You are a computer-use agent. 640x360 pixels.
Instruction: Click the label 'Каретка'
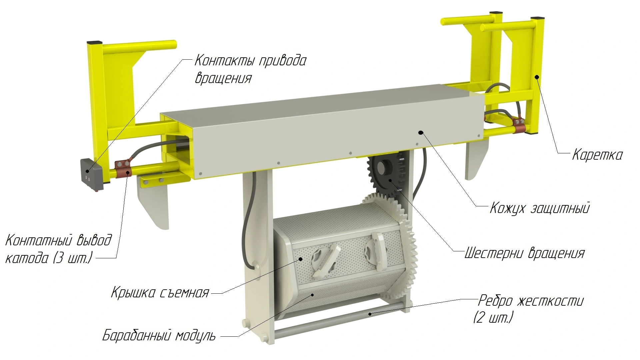point(597,155)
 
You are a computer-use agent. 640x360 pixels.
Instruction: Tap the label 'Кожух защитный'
point(540,208)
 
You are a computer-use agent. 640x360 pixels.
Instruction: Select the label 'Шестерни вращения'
point(524,253)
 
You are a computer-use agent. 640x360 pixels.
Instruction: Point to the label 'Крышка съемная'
point(160,293)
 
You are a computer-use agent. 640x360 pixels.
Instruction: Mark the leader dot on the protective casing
point(421,132)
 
